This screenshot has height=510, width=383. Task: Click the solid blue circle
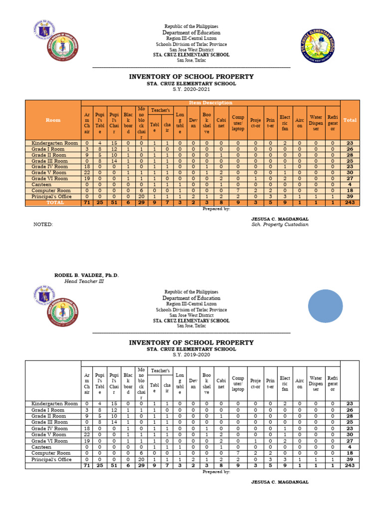pyautogui.click(x=325, y=305)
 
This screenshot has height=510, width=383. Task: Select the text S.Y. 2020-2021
pyautogui.click(x=191, y=90)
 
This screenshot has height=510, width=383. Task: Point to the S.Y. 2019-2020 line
pyautogui.click(x=191, y=355)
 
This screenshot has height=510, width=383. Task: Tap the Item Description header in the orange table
pyautogui.click(x=210, y=103)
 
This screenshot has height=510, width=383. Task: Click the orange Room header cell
pyautogui.click(x=53, y=120)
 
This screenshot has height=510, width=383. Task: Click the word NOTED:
pyautogui.click(x=43, y=225)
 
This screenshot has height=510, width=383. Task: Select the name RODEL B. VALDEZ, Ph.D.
pyautogui.click(x=86, y=275)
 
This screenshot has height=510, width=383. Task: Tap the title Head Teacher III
pyautogui.click(x=84, y=281)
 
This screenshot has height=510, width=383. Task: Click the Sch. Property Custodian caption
pyautogui.click(x=280, y=225)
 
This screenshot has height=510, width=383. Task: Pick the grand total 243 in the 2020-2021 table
pyautogui.click(x=350, y=203)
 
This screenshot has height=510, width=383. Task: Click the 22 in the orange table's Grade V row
pyautogui.click(x=87, y=173)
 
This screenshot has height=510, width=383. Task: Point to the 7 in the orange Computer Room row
pyautogui.click(x=238, y=191)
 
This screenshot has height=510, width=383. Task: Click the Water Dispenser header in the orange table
pyautogui.click(x=316, y=120)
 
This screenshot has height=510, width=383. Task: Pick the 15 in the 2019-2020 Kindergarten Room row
pyautogui.click(x=114, y=403)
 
